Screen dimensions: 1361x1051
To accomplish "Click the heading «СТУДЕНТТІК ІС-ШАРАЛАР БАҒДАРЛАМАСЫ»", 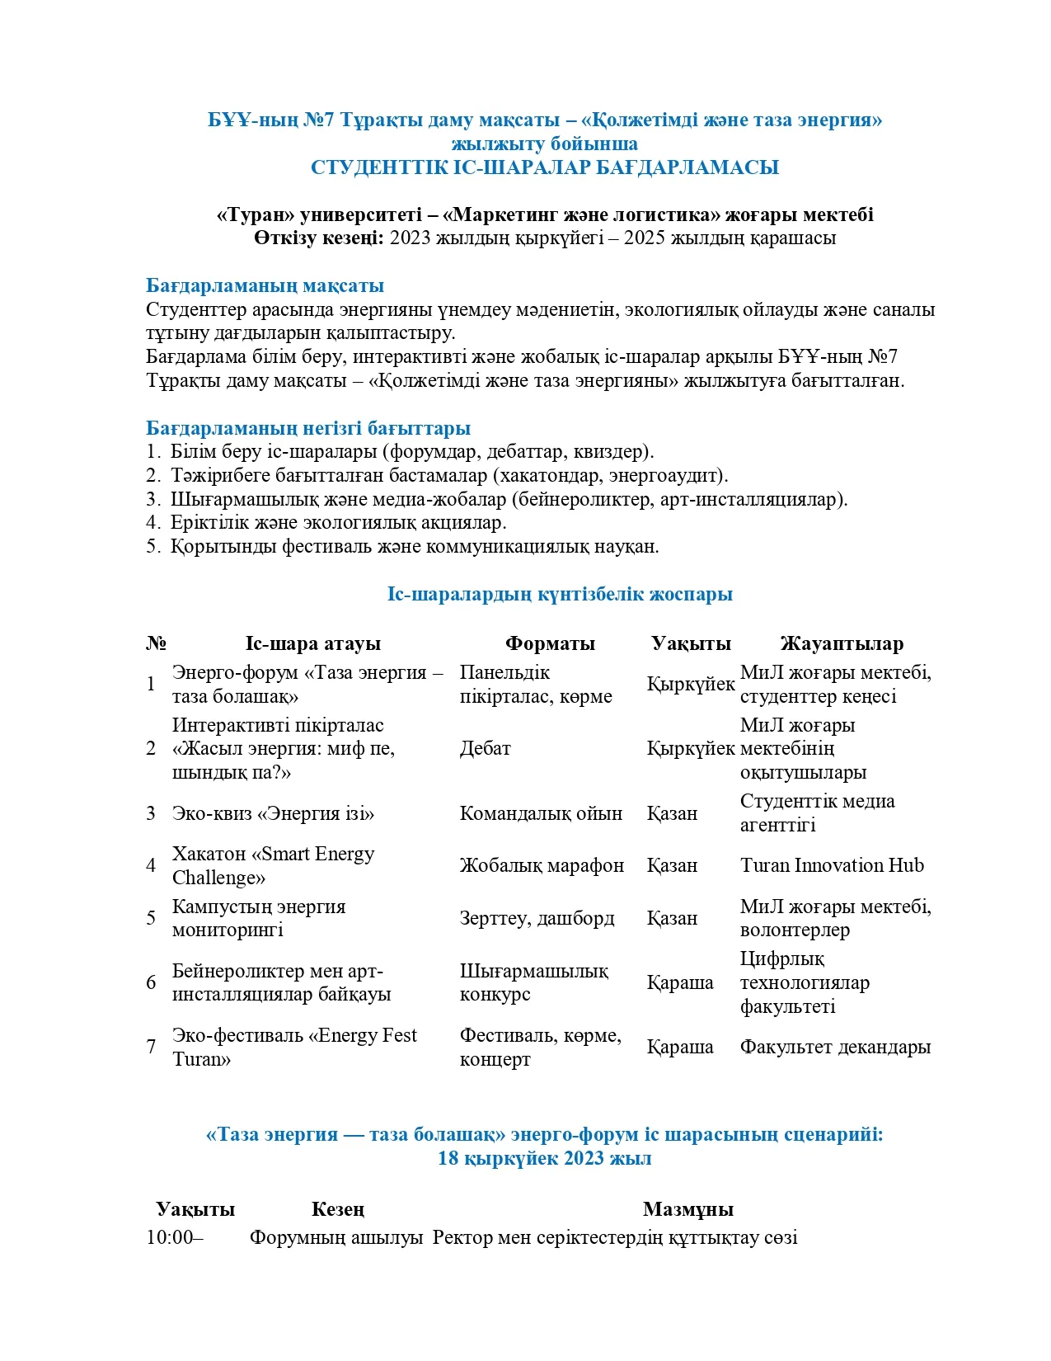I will pyautogui.click(x=544, y=167).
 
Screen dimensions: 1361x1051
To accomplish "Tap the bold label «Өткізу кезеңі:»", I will pyautogui.click(x=318, y=238).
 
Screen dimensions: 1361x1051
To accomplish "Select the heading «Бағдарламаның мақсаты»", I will pyautogui.click(x=265, y=286).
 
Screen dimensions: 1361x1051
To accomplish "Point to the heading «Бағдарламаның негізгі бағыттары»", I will pyautogui.click(x=308, y=428).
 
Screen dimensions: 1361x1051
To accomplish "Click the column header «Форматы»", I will pyautogui.click(x=550, y=644).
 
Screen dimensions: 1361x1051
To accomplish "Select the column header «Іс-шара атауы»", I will pyautogui.click(x=312, y=644).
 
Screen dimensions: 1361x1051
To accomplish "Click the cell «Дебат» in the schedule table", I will pyautogui.click(x=485, y=749).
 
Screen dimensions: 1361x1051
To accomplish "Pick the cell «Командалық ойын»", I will pyautogui.click(x=541, y=814).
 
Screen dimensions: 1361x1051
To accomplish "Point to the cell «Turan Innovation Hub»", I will pyautogui.click(x=832, y=866).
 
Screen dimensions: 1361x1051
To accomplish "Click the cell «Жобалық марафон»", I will pyautogui.click(x=542, y=866).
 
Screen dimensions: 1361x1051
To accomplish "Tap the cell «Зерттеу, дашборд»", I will pyautogui.click(x=537, y=919).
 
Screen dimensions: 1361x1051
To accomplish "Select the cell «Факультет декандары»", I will pyautogui.click(x=835, y=1048).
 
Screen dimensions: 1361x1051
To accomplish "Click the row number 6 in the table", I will pyautogui.click(x=151, y=983).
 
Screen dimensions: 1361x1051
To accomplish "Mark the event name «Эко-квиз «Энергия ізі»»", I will pyautogui.click(x=273, y=814).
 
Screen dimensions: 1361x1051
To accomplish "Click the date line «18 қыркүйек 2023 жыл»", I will pyautogui.click(x=544, y=1159).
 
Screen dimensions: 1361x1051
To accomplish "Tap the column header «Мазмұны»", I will pyautogui.click(x=687, y=1210).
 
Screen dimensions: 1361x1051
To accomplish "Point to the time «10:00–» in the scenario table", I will pyautogui.click(x=175, y=1238).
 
